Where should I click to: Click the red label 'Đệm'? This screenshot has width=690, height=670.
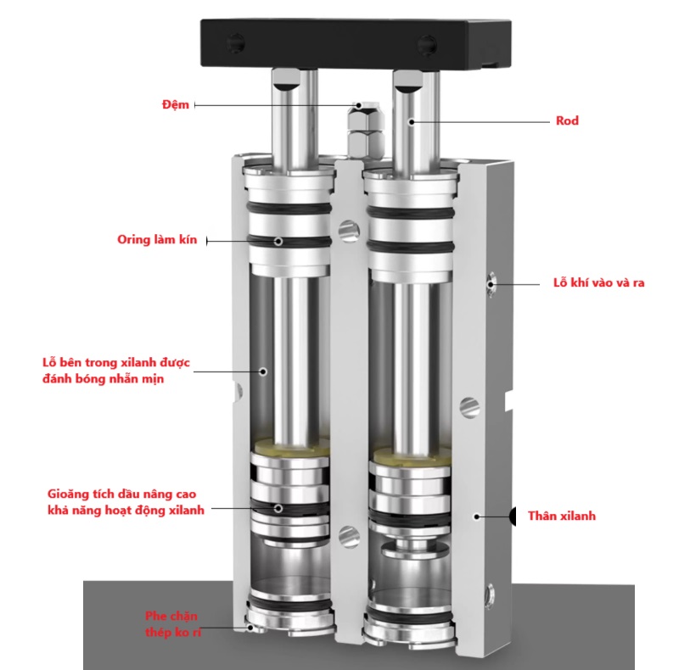tap(175, 104)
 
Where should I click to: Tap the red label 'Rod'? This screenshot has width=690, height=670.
tap(567, 121)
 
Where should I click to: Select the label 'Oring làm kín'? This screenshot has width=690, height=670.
tap(157, 240)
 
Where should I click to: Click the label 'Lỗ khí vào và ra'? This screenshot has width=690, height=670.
tap(598, 282)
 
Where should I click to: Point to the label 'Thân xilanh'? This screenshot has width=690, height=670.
tap(562, 516)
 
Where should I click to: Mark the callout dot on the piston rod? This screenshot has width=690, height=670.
tap(411, 122)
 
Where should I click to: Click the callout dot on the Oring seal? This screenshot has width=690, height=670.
tap(278, 241)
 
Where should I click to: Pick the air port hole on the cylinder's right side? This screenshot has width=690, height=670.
tap(491, 284)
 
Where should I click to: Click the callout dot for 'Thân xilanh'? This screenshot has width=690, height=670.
tap(476, 516)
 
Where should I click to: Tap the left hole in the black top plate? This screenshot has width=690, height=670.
tap(236, 43)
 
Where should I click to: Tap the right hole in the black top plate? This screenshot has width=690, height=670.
tap(426, 44)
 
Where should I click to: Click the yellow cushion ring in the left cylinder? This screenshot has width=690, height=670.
tap(291, 447)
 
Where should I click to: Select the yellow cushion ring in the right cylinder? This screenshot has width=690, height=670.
tap(412, 455)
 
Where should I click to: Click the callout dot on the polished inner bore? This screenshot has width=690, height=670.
tap(263, 371)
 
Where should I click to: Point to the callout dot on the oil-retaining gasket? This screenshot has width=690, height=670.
tap(278, 508)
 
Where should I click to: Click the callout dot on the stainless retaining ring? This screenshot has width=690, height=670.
tap(250, 628)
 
